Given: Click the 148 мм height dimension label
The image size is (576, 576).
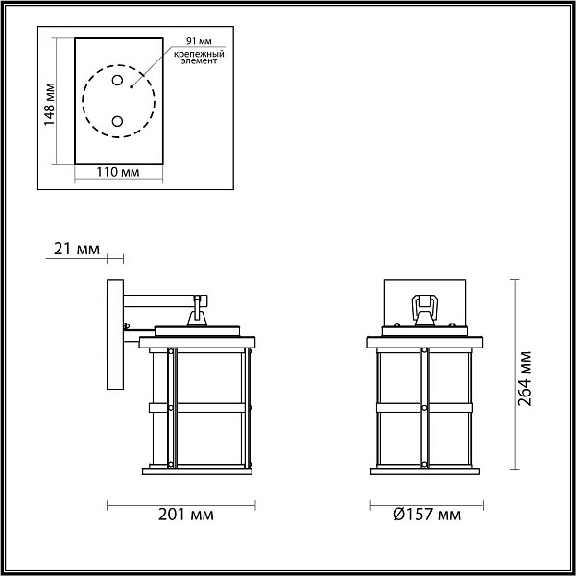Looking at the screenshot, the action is [49, 105].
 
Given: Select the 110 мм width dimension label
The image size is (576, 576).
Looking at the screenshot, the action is [118, 172].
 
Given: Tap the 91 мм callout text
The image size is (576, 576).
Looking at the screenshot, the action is [199, 41].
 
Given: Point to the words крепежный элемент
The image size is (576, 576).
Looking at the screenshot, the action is [199, 58].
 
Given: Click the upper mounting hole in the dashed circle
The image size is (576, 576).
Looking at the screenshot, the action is [117, 80].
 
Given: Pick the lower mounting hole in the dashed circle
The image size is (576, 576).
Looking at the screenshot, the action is [117, 121].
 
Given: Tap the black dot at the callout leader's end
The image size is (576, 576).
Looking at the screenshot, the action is [132, 87].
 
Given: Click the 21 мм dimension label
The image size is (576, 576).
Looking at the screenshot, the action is [77, 249].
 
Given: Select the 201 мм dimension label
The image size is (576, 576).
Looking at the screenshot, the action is [185, 515].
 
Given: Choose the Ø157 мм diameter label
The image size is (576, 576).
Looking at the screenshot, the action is [426, 515].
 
